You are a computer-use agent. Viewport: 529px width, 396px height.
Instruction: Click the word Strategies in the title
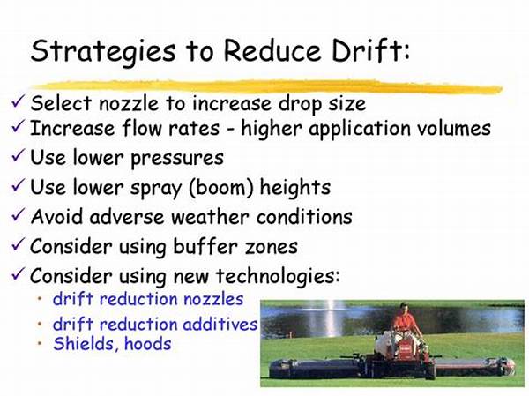coord(103,52)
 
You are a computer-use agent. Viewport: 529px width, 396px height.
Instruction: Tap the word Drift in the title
coord(371,50)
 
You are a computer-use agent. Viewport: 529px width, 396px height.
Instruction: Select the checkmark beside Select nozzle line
coord(18,101)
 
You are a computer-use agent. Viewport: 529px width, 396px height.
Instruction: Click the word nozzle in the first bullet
coord(129,104)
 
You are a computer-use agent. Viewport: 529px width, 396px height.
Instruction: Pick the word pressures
coord(177,159)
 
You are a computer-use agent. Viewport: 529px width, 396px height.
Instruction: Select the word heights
coord(295,188)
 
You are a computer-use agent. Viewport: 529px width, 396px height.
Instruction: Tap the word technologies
coord(278,276)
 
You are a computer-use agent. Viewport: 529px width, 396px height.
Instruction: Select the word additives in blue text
coord(220,324)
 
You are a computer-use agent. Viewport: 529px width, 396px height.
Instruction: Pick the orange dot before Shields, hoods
coord(41,343)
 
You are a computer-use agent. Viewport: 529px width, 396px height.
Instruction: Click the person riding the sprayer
coord(407,324)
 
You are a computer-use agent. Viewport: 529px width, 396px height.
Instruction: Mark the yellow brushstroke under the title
coord(266,86)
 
